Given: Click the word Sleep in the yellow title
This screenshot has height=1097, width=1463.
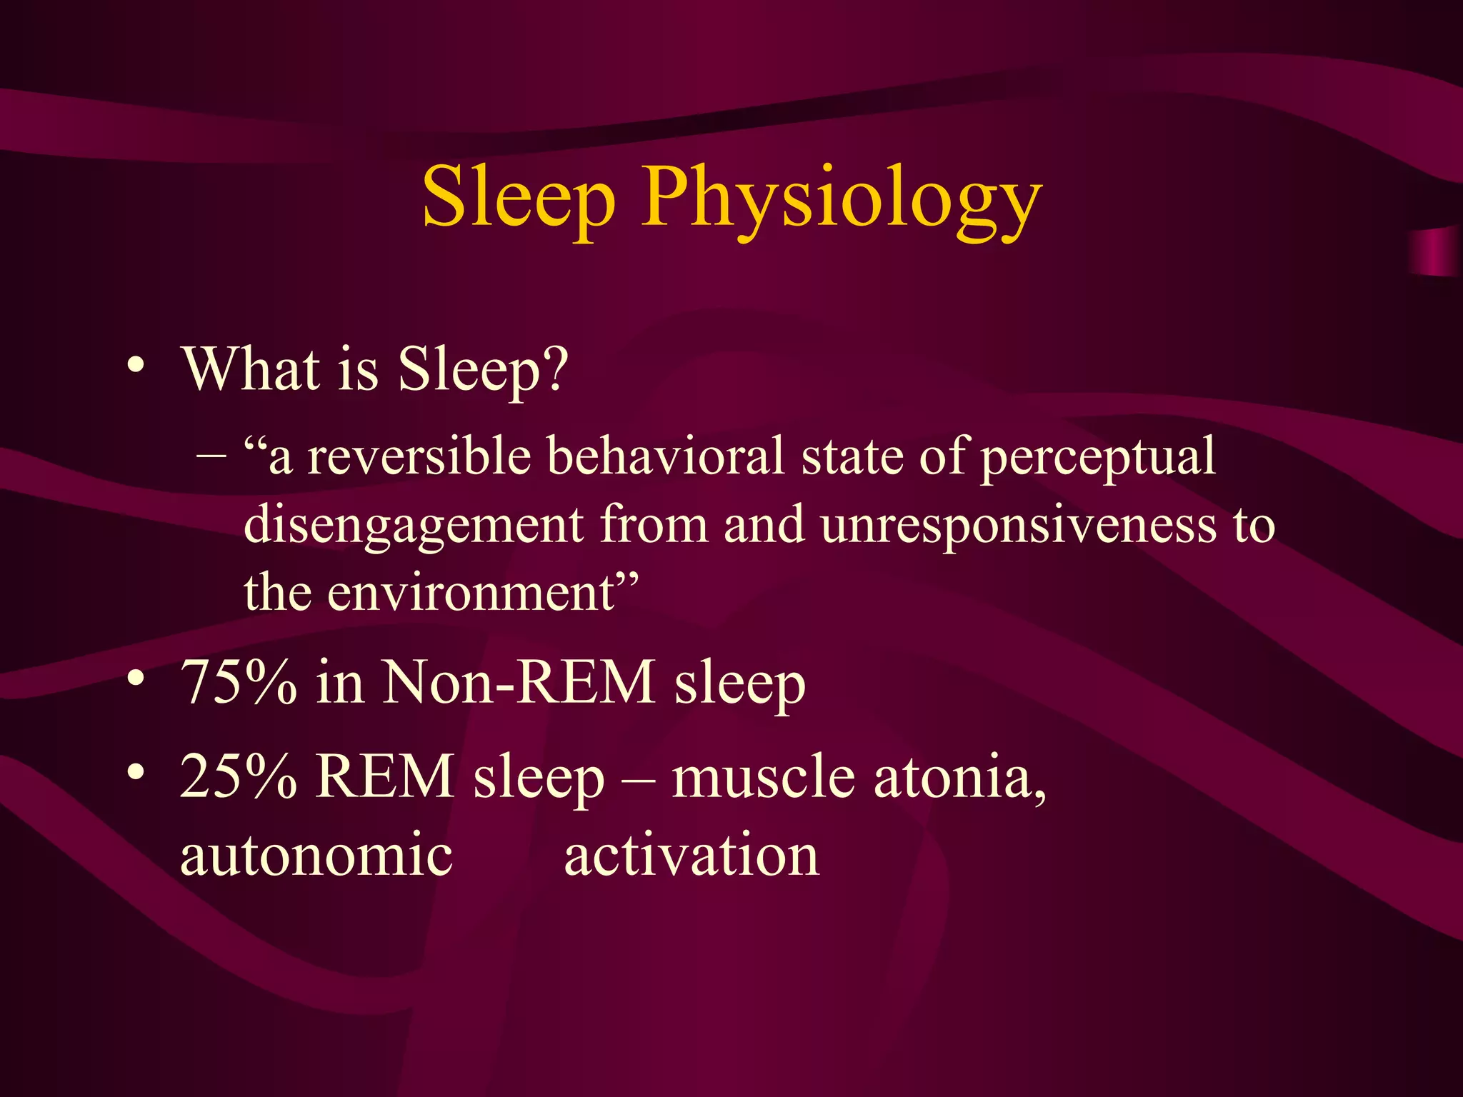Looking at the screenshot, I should (519, 196).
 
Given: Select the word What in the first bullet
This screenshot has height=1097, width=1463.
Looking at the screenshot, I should (251, 369).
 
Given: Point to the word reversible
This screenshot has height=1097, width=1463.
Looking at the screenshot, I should (419, 456).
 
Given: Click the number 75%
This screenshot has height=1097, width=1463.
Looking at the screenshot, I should (239, 682).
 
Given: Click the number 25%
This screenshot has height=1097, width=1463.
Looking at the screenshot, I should (239, 776).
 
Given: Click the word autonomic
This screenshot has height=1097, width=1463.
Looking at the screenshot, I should (316, 856).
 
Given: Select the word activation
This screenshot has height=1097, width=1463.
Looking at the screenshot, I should (691, 856).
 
